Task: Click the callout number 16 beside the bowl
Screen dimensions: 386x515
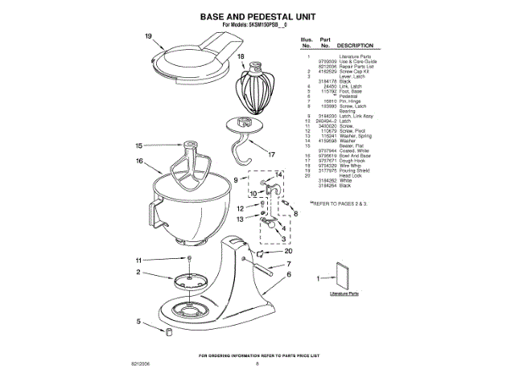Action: pos(139,162)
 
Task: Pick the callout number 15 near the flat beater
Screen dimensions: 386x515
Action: pos(139,146)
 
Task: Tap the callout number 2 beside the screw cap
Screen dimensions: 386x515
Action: pos(138,273)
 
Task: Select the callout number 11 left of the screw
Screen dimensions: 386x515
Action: pos(138,260)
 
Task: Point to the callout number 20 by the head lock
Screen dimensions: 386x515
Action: pos(289,250)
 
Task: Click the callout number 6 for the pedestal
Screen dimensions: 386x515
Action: pos(288,273)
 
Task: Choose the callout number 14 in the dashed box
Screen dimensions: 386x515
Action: pos(279,174)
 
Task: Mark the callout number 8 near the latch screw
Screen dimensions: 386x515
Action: pos(295,214)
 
